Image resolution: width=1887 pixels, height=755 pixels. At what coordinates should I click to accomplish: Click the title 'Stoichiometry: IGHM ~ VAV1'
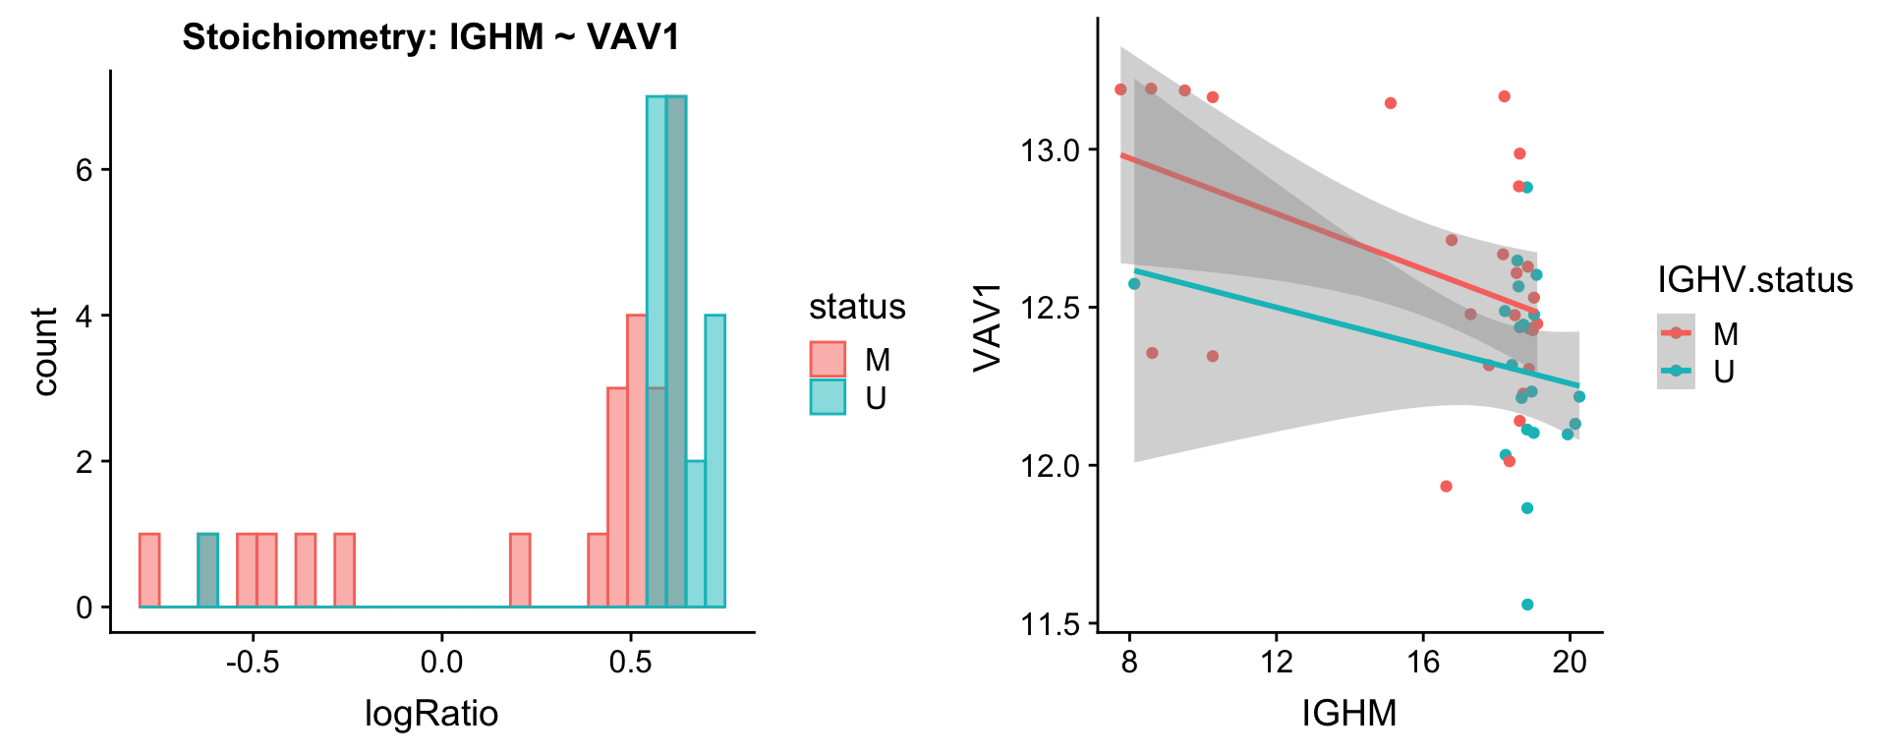(x=430, y=37)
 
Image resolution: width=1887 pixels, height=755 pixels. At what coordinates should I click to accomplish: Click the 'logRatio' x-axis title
(x=430, y=713)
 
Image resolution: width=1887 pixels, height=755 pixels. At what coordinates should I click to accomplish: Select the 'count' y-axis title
(x=44, y=351)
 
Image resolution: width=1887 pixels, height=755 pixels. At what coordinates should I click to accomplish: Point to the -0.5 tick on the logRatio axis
(x=253, y=662)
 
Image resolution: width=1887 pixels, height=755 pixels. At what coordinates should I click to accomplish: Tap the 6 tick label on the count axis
(x=84, y=170)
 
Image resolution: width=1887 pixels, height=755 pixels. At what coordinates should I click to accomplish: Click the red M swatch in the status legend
(x=828, y=360)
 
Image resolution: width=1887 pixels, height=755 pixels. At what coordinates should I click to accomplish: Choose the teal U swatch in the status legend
(x=828, y=397)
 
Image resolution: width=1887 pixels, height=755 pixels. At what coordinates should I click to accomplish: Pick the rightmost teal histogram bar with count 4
(x=715, y=461)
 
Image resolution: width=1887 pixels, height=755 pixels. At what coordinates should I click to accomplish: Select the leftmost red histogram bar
(x=149, y=570)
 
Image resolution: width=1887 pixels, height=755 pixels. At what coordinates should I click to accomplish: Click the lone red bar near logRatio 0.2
(x=520, y=570)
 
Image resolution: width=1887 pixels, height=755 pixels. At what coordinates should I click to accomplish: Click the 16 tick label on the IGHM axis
(x=1423, y=662)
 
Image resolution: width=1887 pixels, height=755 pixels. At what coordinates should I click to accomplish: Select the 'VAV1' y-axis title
(x=987, y=327)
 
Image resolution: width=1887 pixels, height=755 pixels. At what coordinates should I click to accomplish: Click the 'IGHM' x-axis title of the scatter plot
(x=1348, y=713)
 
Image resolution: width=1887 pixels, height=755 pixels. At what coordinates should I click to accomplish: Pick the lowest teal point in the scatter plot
(x=1527, y=605)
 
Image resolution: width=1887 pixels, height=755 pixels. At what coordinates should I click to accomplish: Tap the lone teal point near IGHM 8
(x=1134, y=283)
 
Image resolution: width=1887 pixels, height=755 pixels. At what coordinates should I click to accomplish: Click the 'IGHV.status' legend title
(x=1754, y=280)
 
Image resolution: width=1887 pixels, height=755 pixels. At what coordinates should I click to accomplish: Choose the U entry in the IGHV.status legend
(x=1724, y=372)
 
